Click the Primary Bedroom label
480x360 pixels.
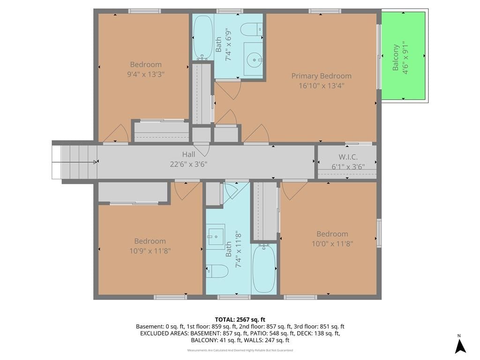(321, 76)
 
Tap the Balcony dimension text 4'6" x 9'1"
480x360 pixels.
(405, 58)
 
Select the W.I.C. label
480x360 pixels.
(348, 157)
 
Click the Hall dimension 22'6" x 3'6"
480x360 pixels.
(188, 165)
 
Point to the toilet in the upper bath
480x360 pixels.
(252, 30)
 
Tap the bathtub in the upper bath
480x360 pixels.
(203, 37)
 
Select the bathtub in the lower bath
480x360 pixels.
(264, 268)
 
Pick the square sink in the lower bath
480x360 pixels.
(216, 235)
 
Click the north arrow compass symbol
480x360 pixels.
(460, 345)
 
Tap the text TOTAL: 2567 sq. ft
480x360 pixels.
(240, 320)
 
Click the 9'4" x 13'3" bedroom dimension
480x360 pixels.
(146, 75)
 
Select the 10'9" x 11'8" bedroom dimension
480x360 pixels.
(150, 251)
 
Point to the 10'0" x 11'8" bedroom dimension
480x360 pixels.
(332, 244)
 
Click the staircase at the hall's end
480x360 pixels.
(75, 162)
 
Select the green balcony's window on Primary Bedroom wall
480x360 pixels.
(379, 57)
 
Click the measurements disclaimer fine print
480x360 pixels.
(240, 350)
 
